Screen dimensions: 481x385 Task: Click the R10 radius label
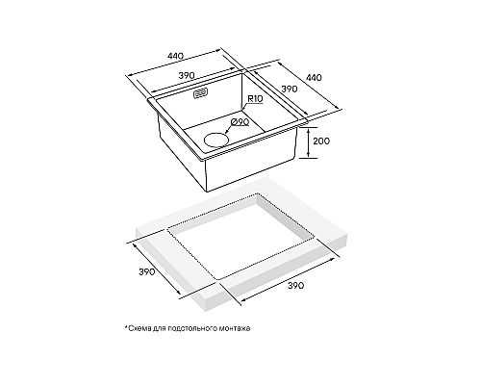[255, 99]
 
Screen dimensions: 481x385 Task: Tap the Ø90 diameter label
[240, 122]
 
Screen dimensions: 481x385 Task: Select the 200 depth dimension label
[321, 141]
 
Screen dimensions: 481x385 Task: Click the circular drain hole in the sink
[216, 140]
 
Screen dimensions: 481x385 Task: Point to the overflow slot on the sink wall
[201, 93]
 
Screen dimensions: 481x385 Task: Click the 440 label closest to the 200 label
[314, 78]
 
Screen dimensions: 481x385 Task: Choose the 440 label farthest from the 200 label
[176, 56]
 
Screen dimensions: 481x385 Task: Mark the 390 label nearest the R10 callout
[290, 89]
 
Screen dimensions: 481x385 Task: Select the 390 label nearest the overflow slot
[187, 76]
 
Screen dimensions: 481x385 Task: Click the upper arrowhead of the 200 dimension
[308, 130]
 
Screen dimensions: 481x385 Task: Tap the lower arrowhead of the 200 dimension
[308, 156]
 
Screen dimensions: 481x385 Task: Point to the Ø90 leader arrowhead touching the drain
[227, 132]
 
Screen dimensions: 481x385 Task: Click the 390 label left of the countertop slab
[146, 272]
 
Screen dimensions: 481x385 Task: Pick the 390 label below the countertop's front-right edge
[295, 286]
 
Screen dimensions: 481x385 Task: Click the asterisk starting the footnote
[126, 327]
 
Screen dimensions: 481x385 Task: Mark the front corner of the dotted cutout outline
[217, 279]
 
